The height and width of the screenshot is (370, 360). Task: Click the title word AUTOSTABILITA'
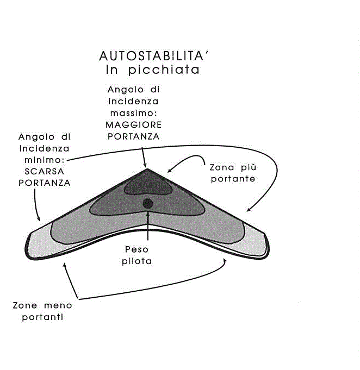click(154, 56)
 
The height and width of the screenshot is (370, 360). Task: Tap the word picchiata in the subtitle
click(164, 70)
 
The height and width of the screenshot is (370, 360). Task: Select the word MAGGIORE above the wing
click(133, 124)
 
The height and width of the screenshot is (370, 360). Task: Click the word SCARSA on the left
click(44, 171)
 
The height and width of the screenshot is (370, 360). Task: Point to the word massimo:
click(133, 113)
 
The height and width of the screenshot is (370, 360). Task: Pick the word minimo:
click(45, 160)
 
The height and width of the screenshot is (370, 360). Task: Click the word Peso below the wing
click(137, 249)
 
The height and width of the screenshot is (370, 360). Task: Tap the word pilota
click(137, 261)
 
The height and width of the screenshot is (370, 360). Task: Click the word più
click(249, 167)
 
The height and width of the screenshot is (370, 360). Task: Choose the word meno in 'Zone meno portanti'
click(58, 305)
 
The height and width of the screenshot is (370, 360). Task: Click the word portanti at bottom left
click(42, 317)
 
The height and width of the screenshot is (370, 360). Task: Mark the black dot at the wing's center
click(148, 204)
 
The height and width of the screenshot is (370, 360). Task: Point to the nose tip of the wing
click(147, 169)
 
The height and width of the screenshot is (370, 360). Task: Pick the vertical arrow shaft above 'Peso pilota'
click(148, 226)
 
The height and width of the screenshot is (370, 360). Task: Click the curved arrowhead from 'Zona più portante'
click(169, 171)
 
